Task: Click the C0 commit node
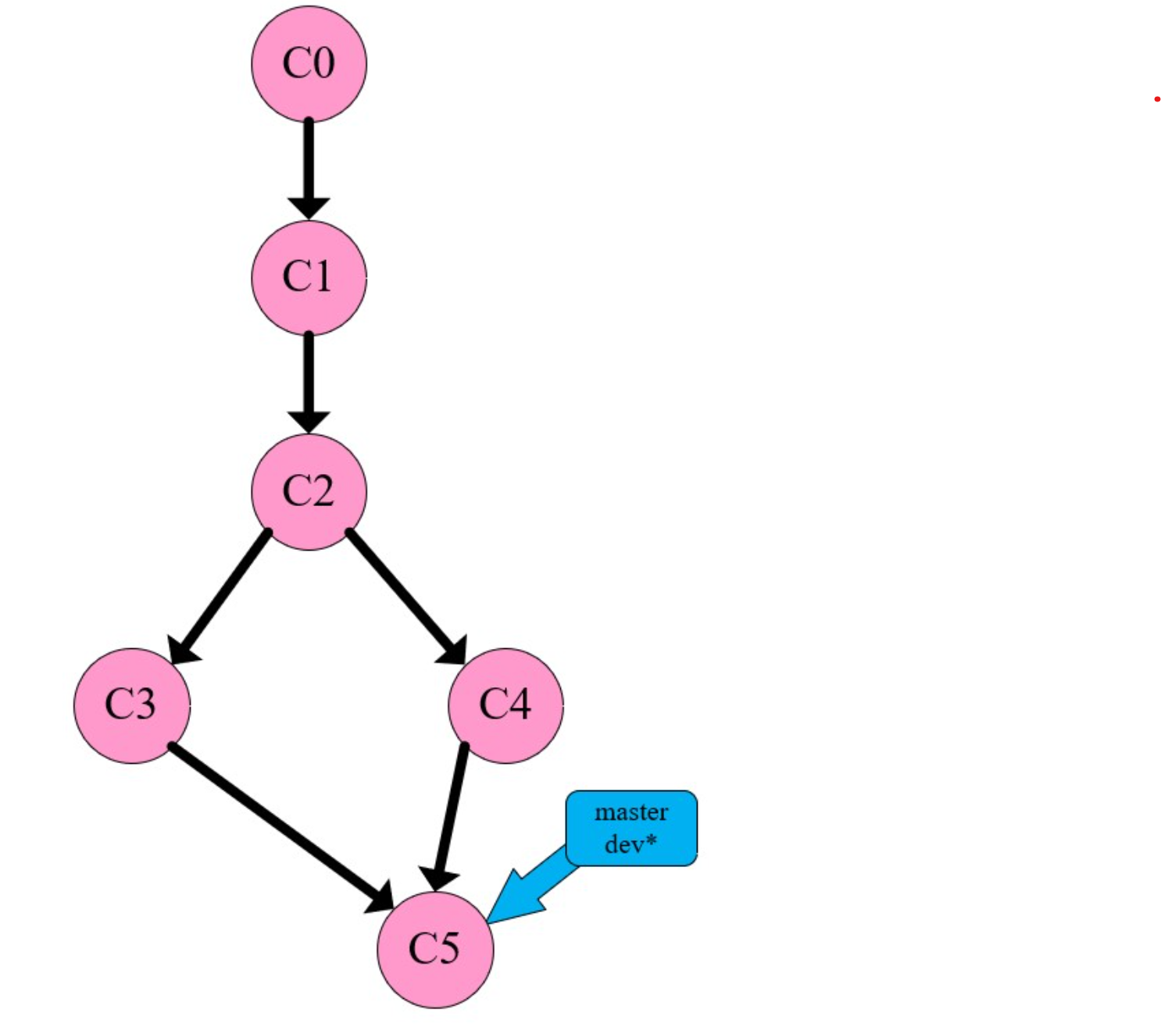point(309,64)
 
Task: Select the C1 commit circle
point(309,277)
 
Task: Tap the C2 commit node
point(309,492)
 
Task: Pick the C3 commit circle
point(131,705)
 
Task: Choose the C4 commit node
point(505,705)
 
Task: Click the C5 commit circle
point(435,950)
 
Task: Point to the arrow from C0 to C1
point(309,164)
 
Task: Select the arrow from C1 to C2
point(309,379)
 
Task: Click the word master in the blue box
point(631,813)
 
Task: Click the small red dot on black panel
point(1156,99)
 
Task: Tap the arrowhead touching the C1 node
point(309,208)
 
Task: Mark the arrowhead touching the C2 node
point(309,422)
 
